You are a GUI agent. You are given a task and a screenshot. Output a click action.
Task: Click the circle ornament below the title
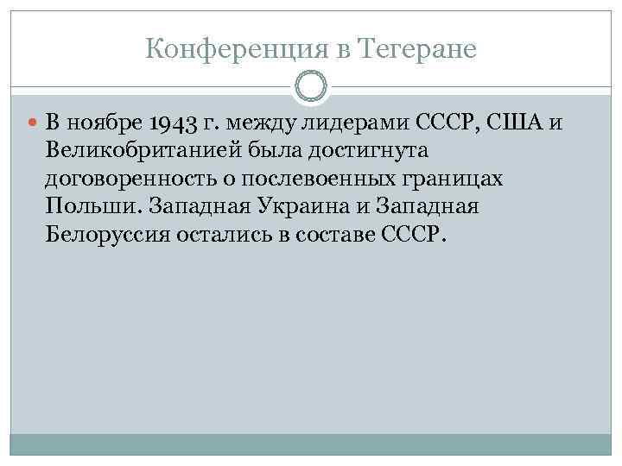[311, 87]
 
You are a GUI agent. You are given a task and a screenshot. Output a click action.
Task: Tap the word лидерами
[344, 123]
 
